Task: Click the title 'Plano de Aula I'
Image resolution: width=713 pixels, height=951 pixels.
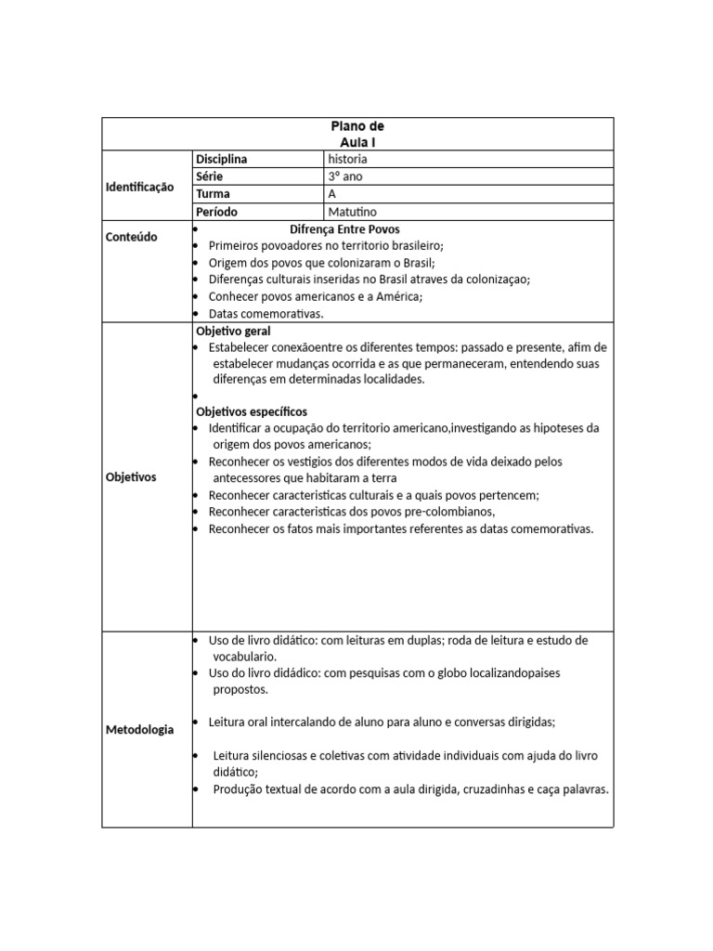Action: tap(357, 134)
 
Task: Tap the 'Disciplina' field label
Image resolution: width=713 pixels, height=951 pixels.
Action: tap(221, 159)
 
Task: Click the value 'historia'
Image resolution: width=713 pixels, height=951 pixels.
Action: tap(347, 159)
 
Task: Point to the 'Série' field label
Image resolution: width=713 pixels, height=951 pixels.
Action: tap(209, 176)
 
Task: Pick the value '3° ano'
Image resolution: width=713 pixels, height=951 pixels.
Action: tap(344, 176)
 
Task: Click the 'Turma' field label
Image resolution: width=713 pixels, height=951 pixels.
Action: tap(213, 194)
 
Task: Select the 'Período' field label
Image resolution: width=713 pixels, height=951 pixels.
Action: tap(216, 212)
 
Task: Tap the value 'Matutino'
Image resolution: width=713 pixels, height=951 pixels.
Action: tap(353, 212)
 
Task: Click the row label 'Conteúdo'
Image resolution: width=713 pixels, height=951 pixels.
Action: tap(131, 237)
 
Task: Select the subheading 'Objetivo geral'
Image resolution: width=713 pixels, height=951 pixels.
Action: tap(233, 331)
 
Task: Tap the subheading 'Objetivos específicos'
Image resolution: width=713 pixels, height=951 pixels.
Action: tap(252, 411)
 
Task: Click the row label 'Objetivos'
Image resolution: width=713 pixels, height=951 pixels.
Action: tap(131, 476)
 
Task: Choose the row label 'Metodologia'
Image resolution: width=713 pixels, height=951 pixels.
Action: tap(138, 729)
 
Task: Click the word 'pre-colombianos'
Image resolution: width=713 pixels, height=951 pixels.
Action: tap(447, 512)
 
